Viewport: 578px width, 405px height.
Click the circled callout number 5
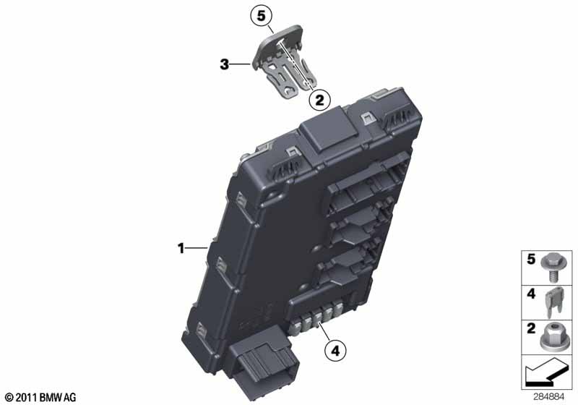(261, 16)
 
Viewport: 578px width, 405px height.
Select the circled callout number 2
(319, 100)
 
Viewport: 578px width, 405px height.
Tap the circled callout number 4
(335, 351)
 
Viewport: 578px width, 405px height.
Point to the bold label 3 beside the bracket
(224, 64)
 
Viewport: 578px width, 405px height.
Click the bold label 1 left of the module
(181, 248)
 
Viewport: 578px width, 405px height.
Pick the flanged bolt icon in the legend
(552, 268)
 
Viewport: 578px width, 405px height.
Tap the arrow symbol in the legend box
(545, 372)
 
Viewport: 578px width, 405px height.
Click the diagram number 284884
(549, 397)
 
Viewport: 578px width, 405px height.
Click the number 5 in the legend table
(531, 260)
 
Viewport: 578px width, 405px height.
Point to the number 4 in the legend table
(531, 294)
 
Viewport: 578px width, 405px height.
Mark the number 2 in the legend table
(531, 328)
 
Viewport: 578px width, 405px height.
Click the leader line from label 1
(197, 248)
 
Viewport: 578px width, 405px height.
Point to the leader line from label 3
(241, 64)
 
